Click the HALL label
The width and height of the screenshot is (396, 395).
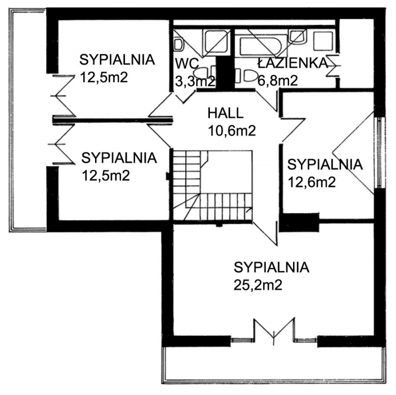226,113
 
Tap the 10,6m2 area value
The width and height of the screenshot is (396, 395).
232,131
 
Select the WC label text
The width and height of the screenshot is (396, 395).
187,64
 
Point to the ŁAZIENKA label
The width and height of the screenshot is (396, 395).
293,63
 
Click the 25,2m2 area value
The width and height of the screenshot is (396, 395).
258,286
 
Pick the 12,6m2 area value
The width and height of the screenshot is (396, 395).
312,182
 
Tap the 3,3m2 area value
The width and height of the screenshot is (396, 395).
195,81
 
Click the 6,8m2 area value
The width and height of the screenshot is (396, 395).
278,81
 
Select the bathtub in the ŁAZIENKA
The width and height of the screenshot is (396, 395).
261,46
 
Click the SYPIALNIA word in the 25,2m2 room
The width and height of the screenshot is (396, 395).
271,267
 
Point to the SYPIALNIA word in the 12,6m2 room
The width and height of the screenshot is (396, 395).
325,164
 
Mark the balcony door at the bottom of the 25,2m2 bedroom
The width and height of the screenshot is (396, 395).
274,331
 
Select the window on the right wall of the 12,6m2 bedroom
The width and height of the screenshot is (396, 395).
380,152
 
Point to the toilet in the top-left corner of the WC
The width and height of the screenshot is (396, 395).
179,45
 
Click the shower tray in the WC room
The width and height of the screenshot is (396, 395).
216,42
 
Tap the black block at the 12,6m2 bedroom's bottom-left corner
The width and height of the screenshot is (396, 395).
299,222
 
